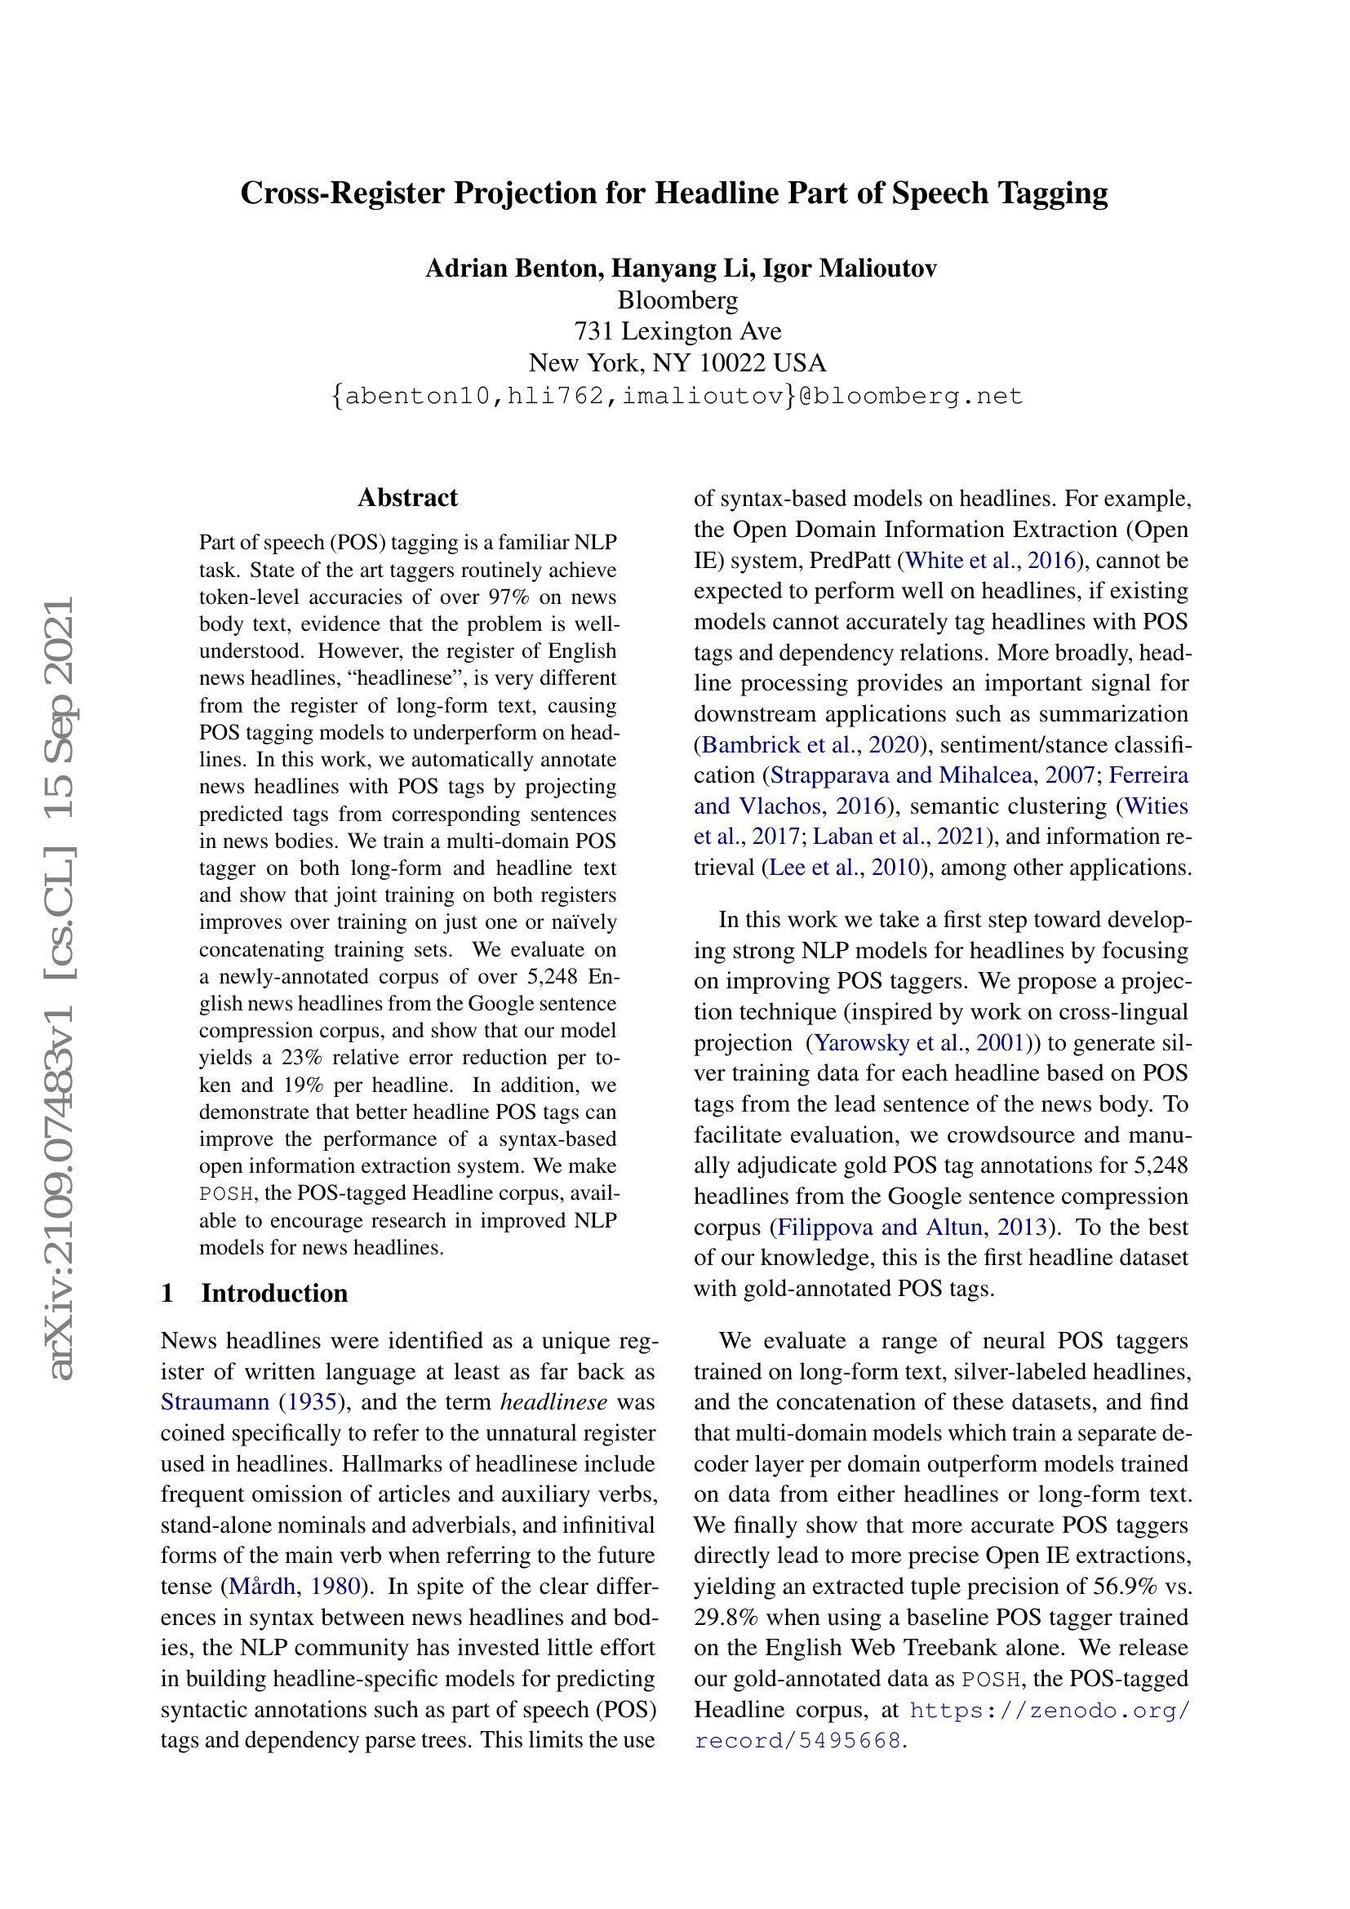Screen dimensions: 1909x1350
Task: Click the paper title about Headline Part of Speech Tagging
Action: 673,193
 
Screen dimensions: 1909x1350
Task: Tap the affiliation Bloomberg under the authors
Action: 677,300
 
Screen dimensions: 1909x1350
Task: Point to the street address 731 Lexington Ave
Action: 677,331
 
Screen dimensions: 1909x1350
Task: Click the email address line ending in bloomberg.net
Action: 677,396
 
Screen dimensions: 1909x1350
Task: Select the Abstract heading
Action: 407,498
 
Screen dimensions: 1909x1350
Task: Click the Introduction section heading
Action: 273,1293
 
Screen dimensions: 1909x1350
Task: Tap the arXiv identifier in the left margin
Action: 61,989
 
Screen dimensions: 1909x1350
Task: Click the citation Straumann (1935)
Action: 251,1403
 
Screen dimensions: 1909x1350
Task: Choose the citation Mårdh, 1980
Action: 295,1587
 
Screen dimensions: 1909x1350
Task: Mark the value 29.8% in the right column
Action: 724,1617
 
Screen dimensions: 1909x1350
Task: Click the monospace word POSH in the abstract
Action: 226,1194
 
